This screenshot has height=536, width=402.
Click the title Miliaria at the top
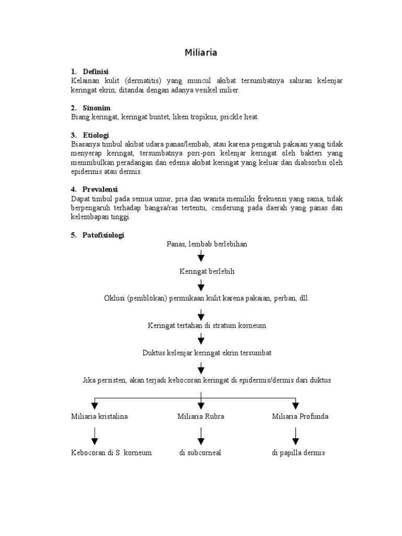[201, 53]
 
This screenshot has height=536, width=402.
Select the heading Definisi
[95, 71]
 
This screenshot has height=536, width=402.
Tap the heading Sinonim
[96, 108]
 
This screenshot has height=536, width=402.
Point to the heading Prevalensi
[100, 189]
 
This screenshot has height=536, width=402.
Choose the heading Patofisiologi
[103, 235]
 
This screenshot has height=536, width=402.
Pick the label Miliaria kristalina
[99, 417]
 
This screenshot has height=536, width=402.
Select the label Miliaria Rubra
[201, 417]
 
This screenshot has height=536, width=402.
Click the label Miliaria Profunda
[300, 417]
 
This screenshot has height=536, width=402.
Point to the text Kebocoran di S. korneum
[111, 453]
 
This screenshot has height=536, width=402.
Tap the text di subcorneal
[200, 453]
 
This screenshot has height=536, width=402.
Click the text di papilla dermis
[298, 453]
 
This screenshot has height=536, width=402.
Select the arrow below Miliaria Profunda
[296, 435]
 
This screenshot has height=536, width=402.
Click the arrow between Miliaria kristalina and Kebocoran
[95, 435]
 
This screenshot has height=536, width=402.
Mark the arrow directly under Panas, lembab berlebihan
[201, 257]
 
